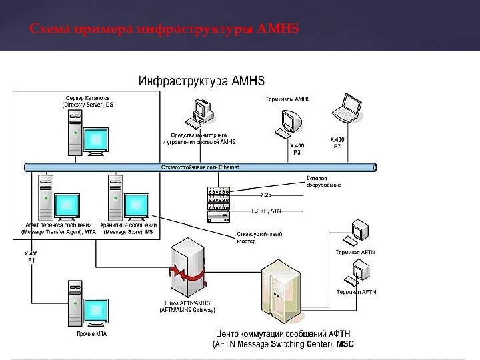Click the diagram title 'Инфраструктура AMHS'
click(x=201, y=81)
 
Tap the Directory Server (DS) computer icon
click(x=87, y=134)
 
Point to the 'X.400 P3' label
click(x=297, y=149)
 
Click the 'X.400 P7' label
click(x=338, y=143)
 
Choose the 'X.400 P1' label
click(x=31, y=257)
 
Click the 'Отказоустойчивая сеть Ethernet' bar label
click(x=200, y=167)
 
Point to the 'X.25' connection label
click(x=265, y=195)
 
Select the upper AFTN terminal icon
click(x=360, y=232)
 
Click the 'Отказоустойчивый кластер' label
click(x=260, y=238)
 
